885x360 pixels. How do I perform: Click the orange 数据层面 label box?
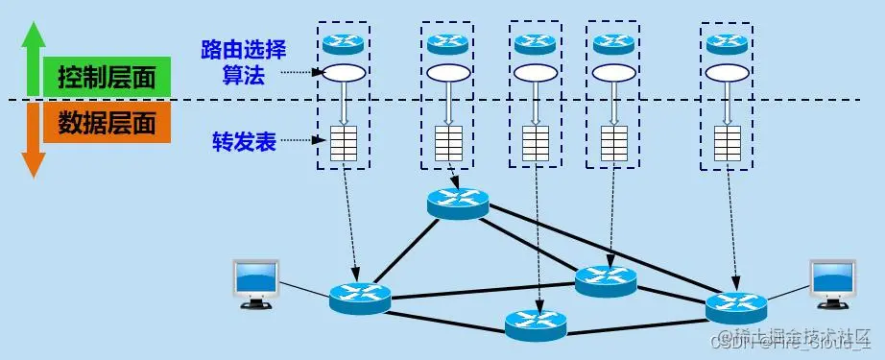[x=106, y=123]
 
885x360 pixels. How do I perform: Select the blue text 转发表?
[x=244, y=142]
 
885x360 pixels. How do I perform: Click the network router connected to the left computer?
[x=360, y=298]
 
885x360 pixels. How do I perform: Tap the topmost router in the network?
[x=458, y=203]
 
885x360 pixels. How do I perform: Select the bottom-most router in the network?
[x=536, y=323]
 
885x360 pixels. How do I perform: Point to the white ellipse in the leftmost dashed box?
[x=343, y=73]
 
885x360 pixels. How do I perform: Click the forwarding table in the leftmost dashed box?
[x=343, y=143]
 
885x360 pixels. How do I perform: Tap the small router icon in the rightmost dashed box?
[x=728, y=43]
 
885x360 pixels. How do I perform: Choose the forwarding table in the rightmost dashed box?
[x=728, y=143]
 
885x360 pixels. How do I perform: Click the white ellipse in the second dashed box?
[x=447, y=73]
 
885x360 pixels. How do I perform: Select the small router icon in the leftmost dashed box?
[x=343, y=43]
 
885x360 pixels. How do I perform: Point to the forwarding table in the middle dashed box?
[x=536, y=143]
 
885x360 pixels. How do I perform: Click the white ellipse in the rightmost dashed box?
[x=728, y=73]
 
